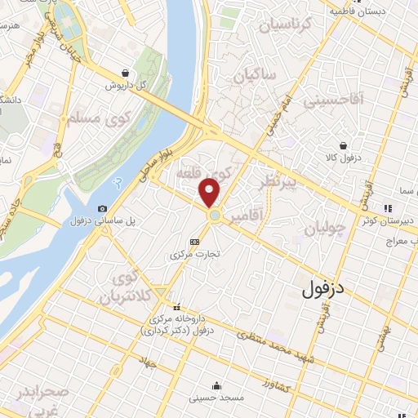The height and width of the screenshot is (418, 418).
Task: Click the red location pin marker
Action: click(x=211, y=193)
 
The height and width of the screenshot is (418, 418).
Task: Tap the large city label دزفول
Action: click(x=324, y=288)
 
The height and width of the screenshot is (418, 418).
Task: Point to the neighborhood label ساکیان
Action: click(x=255, y=76)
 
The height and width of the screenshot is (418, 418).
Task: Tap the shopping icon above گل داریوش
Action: click(x=123, y=73)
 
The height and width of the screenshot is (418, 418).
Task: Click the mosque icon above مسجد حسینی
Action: click(x=216, y=386)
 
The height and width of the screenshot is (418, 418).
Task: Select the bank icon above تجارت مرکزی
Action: click(x=194, y=242)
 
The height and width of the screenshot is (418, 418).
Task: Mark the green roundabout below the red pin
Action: click(x=215, y=216)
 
